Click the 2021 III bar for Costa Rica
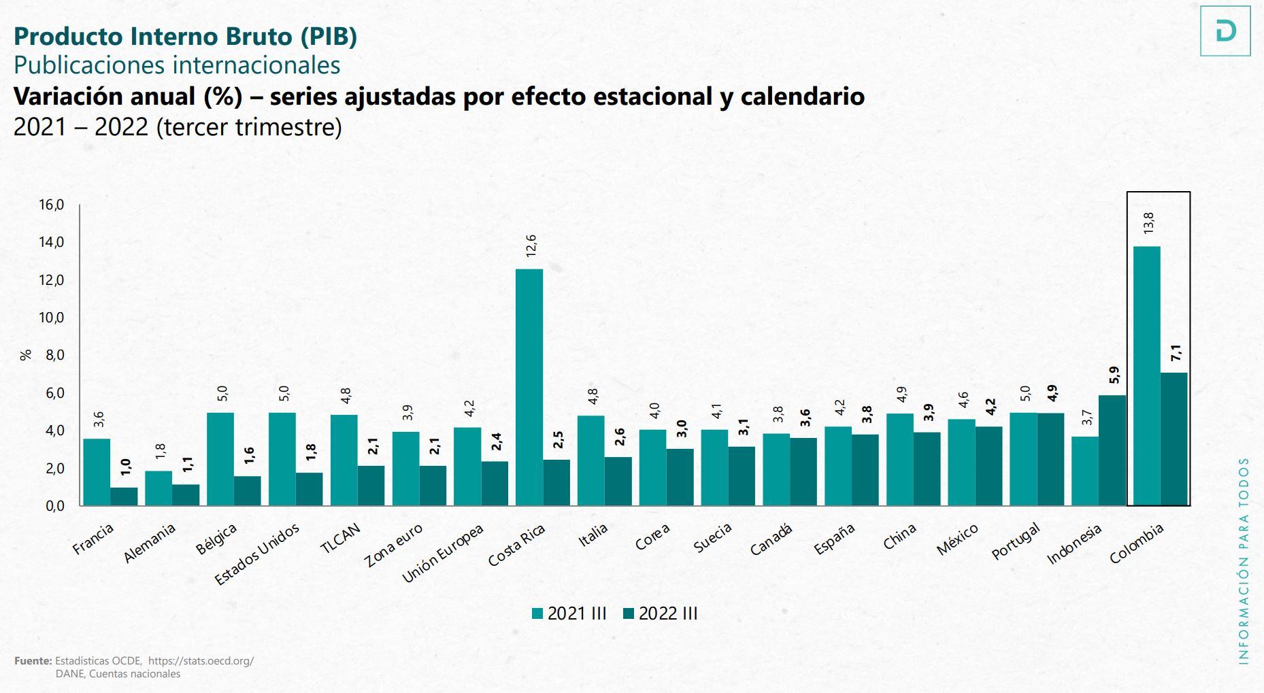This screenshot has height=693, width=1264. [529, 388]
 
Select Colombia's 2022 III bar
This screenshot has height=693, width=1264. [1174, 439]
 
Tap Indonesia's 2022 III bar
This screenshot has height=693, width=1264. [1112, 450]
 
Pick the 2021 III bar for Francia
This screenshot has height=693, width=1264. [97, 472]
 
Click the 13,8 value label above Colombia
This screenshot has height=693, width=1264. [1148, 223]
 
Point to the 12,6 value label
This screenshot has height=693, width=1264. [531, 246]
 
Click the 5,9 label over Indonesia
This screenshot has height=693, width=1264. [1114, 375]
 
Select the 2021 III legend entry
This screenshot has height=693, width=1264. [569, 613]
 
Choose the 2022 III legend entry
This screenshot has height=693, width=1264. [660, 613]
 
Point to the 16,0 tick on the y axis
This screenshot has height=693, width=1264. [51, 205]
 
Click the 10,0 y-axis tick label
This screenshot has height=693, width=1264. [51, 318]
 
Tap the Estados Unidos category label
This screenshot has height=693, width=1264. [257, 554]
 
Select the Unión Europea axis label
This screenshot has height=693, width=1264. [443, 554]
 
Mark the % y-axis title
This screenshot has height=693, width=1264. [26, 355]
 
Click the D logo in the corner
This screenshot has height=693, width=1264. [1225, 31]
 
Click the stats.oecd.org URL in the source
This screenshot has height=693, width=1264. [201, 660]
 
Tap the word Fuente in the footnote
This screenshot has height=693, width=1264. [33, 660]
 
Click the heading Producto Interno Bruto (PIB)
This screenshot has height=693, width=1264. [185, 36]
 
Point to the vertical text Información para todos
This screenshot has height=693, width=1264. [1244, 560]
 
